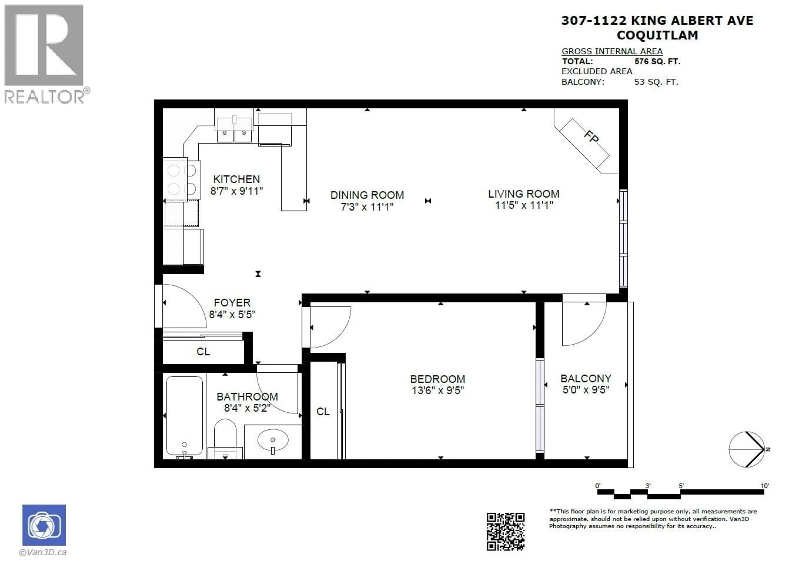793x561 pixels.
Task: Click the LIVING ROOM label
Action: tap(524, 194)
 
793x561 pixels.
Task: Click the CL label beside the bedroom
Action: tap(323, 411)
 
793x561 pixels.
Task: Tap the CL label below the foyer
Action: tap(203, 351)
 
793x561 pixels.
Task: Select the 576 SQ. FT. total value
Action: tap(657, 62)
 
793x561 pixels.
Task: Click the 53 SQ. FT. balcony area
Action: tap(656, 82)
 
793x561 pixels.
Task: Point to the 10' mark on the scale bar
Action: tap(764, 486)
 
